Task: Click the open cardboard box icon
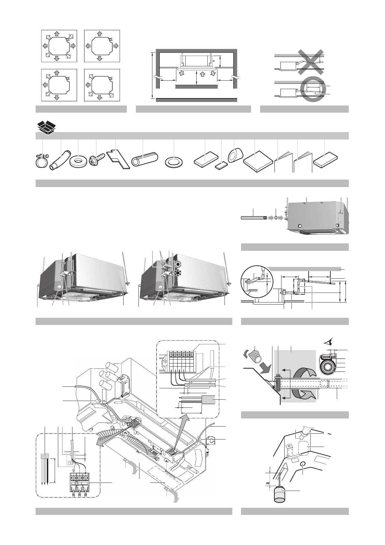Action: tap(45, 126)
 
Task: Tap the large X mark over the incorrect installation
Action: tap(311, 63)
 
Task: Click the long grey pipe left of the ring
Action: tap(253, 218)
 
